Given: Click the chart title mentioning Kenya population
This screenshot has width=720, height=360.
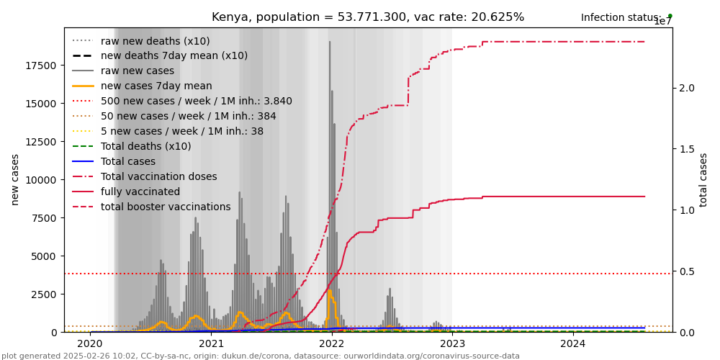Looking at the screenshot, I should tap(368, 17).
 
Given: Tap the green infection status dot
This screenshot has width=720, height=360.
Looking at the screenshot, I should tap(670, 15).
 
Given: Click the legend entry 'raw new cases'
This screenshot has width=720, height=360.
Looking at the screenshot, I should tap(137, 71).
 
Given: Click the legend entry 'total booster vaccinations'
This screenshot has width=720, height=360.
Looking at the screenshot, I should tap(166, 207).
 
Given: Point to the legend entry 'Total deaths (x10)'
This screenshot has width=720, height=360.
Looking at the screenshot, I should tap(145, 147).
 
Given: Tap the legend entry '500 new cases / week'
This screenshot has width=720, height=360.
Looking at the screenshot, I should tap(196, 102).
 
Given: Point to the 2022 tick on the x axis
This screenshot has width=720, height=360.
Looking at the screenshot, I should tap(332, 344).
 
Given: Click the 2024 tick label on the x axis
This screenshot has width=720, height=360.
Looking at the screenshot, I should tap(573, 344).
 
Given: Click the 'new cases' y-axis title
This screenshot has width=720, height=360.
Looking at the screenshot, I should tap(15, 179).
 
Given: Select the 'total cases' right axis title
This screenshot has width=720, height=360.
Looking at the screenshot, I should tap(704, 179).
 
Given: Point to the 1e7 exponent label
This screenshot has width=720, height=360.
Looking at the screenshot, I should tap(662, 22).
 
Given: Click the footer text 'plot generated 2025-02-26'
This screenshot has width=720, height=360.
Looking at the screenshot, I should tap(260, 356).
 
